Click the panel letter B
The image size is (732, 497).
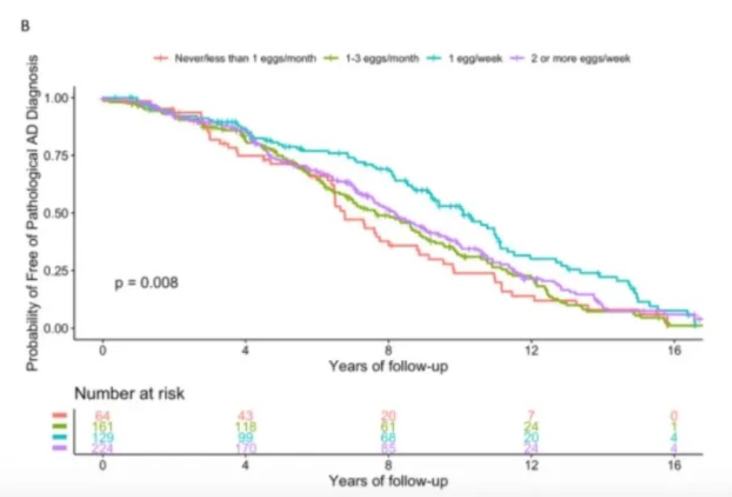(24, 24)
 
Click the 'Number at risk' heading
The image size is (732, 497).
(129, 394)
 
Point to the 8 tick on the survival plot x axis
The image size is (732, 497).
(388, 349)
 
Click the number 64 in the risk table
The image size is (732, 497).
(103, 415)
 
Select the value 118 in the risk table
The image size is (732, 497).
(246, 426)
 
